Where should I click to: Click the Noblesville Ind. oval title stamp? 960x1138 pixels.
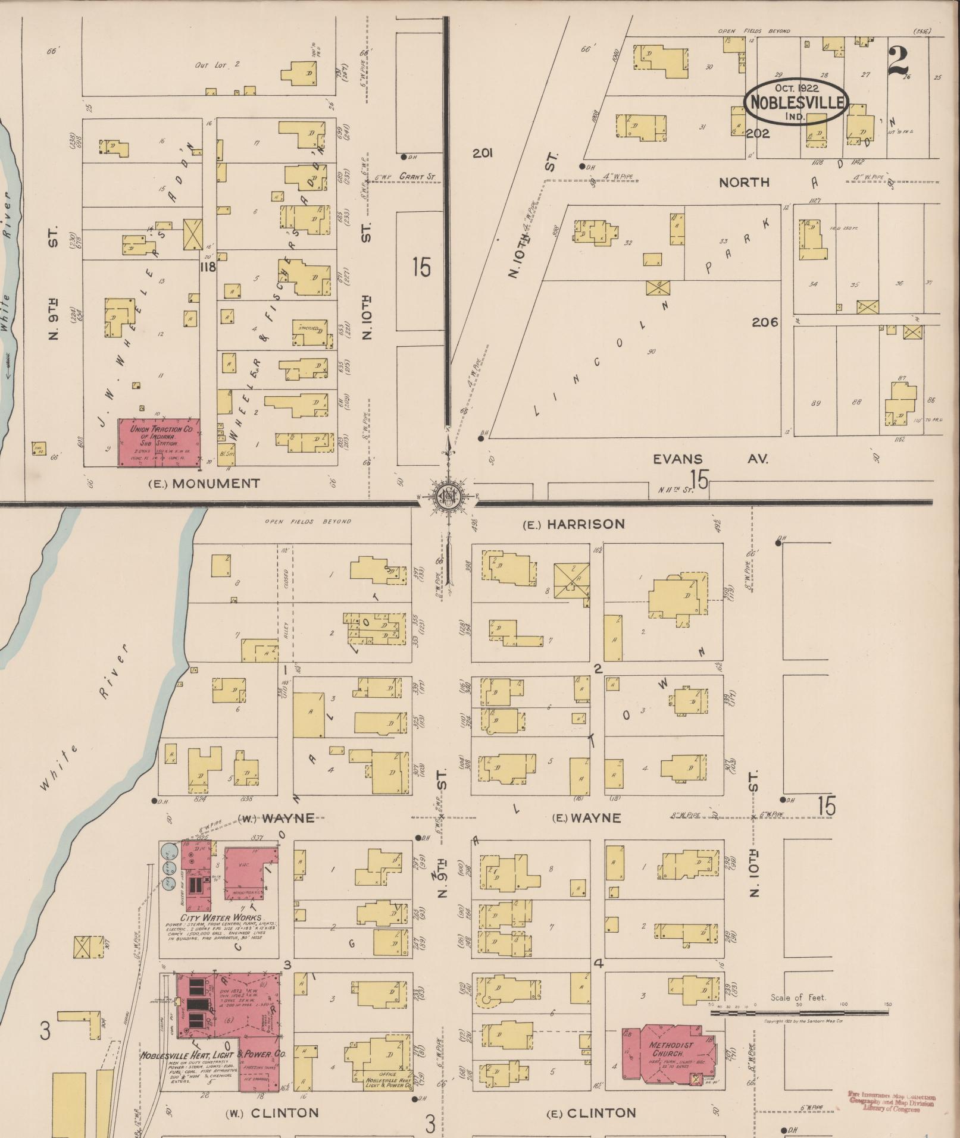pyautogui.click(x=796, y=102)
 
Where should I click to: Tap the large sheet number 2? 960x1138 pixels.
pyautogui.click(x=899, y=62)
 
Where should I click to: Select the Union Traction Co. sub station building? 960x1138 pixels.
pyautogui.click(x=159, y=441)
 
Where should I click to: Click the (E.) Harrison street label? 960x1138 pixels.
pyautogui.click(x=574, y=524)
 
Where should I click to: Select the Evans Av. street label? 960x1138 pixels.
pyautogui.click(x=710, y=459)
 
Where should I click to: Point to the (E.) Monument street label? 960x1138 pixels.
pyautogui.click(x=204, y=483)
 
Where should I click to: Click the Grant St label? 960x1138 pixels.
pyautogui.click(x=417, y=177)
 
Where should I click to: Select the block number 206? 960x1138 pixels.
pyautogui.click(x=765, y=322)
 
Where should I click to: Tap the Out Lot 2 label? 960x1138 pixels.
pyautogui.click(x=217, y=64)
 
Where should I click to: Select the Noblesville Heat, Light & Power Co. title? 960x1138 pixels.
pyautogui.click(x=213, y=1054)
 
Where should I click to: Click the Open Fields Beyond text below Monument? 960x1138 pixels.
pyautogui.click(x=308, y=521)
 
